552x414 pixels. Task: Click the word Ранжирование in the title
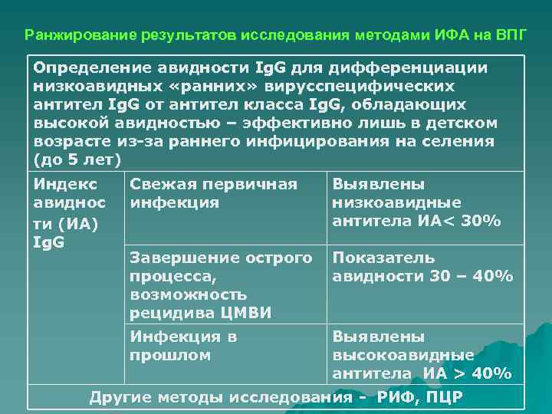click(x=70, y=35)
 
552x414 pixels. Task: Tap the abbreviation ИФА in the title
click(x=441, y=35)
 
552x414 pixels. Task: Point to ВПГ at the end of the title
click(x=507, y=35)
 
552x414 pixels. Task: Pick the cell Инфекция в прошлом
click(x=184, y=346)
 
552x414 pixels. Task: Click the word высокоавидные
click(x=403, y=355)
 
